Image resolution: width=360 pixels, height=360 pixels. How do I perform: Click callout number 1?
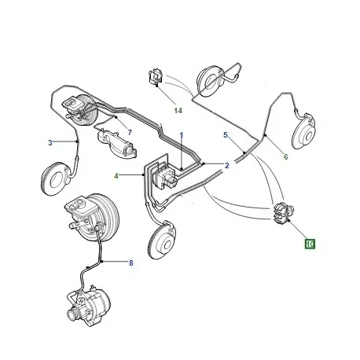(182, 135)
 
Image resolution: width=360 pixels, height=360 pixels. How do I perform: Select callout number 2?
(227, 166)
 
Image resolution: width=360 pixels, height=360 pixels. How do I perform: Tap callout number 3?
(50, 143)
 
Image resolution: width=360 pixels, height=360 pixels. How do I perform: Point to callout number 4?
(116, 175)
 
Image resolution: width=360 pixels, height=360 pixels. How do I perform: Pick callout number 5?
(226, 135)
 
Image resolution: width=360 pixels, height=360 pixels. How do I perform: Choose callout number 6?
(286, 156)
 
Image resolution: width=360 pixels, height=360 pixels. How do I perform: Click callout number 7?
(130, 133)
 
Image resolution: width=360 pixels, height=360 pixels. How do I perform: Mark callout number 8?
(131, 263)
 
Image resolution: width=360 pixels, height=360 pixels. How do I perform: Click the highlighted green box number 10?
(310, 244)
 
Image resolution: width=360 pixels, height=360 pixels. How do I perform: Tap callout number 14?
(178, 111)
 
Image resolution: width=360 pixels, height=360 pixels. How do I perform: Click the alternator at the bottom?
(89, 306)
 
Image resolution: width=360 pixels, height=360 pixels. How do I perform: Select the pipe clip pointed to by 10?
(283, 213)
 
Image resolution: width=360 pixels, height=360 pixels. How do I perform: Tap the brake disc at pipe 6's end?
(304, 130)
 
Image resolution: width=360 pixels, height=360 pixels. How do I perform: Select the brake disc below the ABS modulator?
(163, 241)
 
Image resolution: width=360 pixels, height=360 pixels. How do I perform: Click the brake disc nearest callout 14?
(211, 81)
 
